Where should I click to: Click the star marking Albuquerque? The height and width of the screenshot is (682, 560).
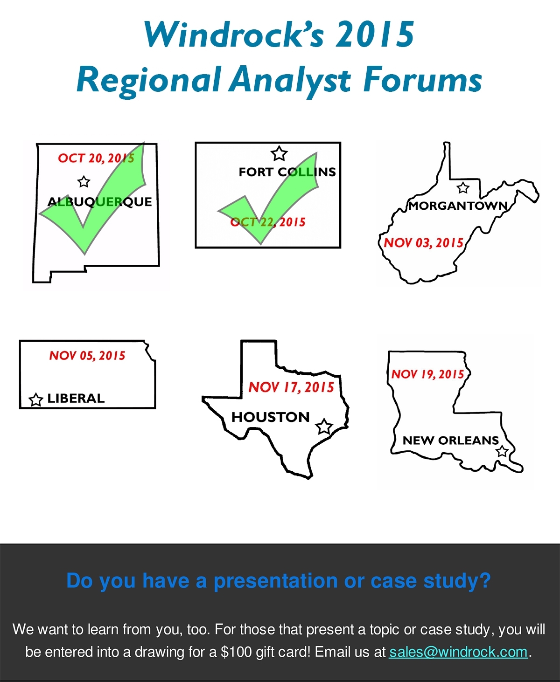(x=84, y=182)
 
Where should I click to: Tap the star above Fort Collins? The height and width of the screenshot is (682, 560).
(x=279, y=153)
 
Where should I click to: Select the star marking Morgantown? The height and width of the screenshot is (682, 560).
(x=463, y=187)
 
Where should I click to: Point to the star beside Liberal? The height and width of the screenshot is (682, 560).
(x=36, y=400)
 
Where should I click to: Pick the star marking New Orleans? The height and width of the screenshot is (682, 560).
(x=502, y=451)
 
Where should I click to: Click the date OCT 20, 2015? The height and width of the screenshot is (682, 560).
(x=96, y=158)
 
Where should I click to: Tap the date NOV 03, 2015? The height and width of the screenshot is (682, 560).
(x=424, y=243)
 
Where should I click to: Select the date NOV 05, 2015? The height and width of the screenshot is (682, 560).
(x=87, y=356)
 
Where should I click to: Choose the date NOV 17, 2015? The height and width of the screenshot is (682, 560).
(x=291, y=387)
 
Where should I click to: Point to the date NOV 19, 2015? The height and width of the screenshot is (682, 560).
(x=428, y=374)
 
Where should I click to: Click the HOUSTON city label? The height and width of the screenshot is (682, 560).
(x=271, y=417)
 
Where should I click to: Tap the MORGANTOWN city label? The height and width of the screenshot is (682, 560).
(x=458, y=206)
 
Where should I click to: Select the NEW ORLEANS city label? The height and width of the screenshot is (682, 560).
(x=451, y=440)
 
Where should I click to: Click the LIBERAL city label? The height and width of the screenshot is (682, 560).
(x=76, y=398)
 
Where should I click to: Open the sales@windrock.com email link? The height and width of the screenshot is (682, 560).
(x=458, y=652)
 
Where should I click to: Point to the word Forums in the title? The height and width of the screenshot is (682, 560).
(x=422, y=80)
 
